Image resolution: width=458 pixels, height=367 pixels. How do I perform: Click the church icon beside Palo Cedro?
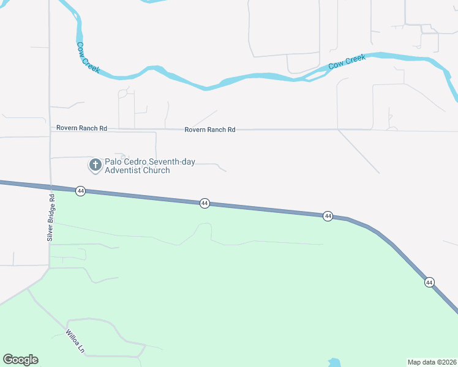[95, 165]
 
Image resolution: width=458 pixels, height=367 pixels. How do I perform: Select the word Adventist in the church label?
[127, 170]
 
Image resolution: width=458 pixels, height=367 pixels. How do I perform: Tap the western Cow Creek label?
[88, 57]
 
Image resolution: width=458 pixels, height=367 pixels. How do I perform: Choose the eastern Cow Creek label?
[347, 62]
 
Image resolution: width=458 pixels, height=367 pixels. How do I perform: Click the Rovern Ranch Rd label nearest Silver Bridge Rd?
[81, 128]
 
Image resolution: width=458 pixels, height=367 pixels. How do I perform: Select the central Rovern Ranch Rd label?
[209, 130]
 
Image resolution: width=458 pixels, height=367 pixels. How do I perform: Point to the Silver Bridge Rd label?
[51, 217]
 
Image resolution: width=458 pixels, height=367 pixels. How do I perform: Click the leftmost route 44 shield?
[80, 191]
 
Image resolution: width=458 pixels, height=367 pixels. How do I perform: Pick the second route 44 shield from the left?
[205, 203]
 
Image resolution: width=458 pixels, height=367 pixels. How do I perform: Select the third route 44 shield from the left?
[328, 216]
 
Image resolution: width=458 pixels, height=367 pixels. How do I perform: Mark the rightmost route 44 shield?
[429, 282]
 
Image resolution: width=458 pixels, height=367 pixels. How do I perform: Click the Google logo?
[20, 360]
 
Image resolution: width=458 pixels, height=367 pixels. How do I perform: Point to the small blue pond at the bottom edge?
[333, 363]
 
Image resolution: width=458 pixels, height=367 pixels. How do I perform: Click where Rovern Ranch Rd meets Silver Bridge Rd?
[50, 128]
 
